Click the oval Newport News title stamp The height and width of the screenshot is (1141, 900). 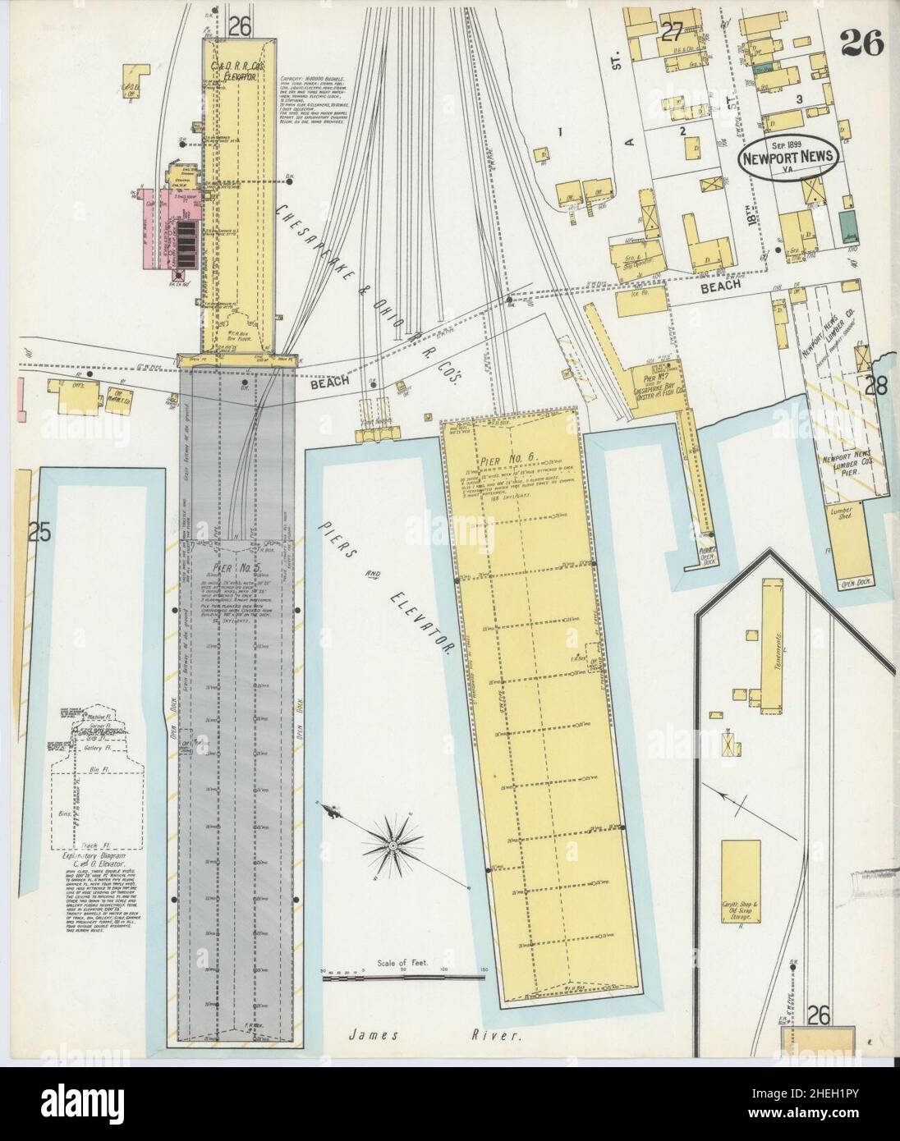[787, 154]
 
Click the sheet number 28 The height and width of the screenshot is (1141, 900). [875, 386]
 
